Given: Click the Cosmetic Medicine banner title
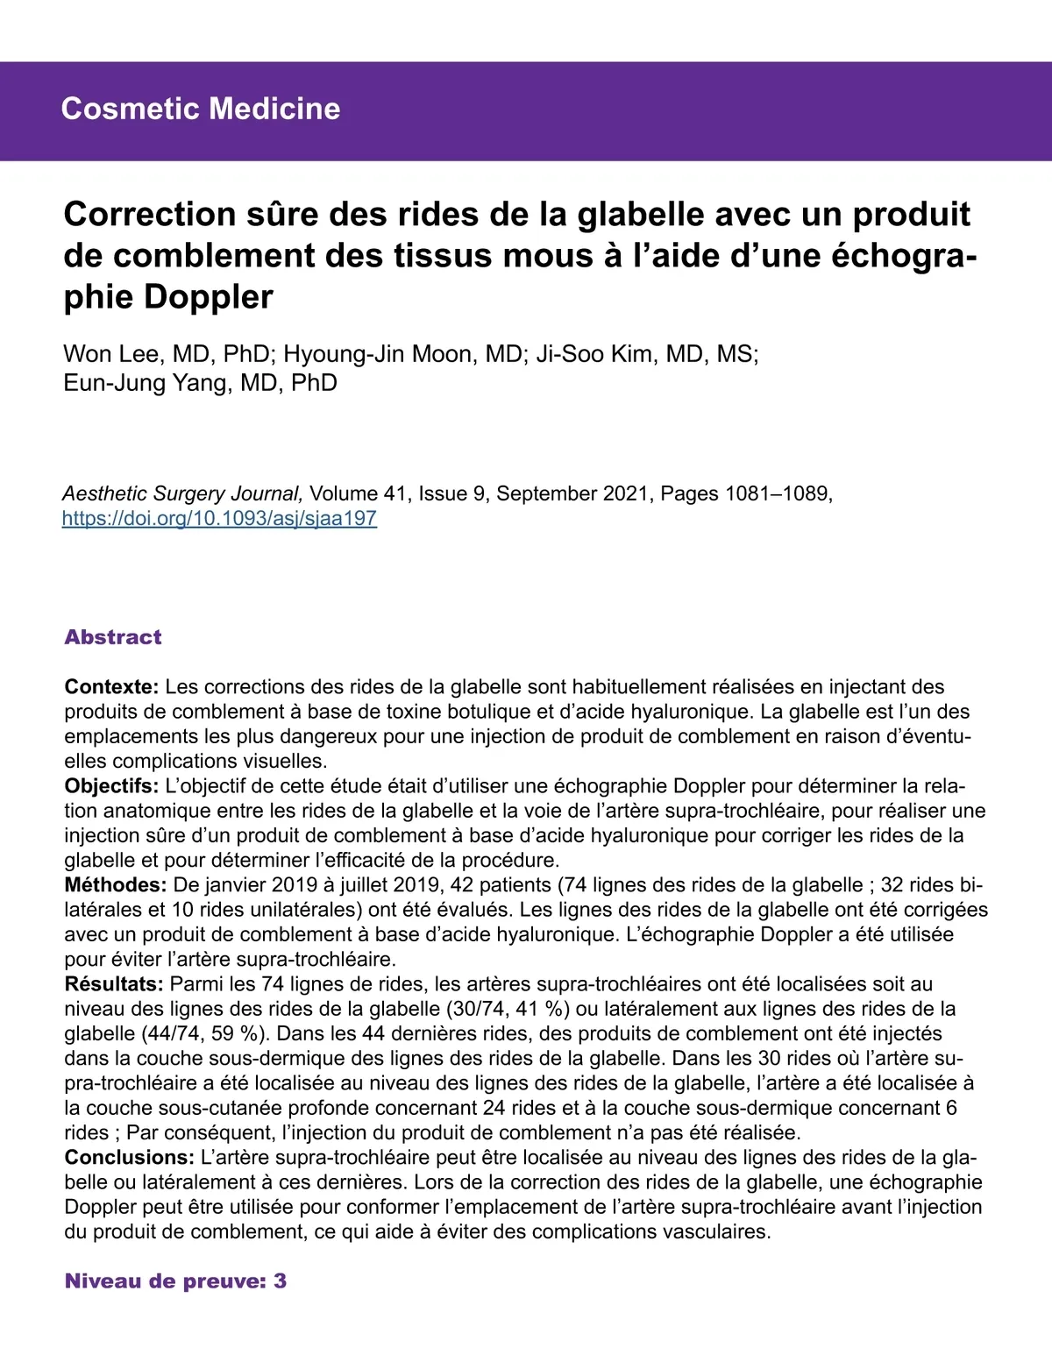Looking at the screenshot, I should coord(201,109).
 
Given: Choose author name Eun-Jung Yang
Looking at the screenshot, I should coord(145,383).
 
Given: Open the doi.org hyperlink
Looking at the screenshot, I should coord(219,518).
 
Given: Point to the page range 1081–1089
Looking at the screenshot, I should coord(777,493).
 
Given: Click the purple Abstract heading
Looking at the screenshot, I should coord(113,637).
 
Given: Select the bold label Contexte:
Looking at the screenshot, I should coord(111,687).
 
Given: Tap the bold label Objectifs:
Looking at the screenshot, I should coord(111,786).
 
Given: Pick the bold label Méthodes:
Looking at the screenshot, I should coord(115,885).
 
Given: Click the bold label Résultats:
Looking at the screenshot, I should coord(114,984).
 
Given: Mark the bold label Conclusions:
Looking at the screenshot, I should coord(130,1158).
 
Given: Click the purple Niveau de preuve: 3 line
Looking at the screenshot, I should coord(175,1281).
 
